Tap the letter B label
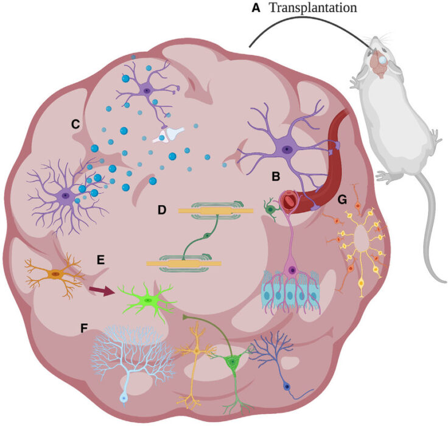tap(276, 177)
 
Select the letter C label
tap(75, 124)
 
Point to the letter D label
tap(161, 211)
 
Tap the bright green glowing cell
tap(149, 299)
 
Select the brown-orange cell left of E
tap(55, 274)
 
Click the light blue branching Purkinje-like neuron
tap(125, 359)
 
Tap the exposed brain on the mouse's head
tap(380, 60)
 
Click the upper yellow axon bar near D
tap(215, 211)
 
